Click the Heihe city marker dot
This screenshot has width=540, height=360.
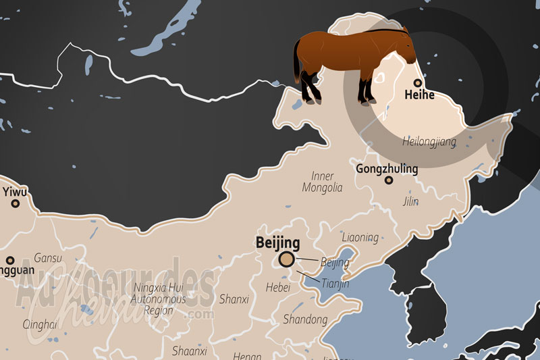point(418,82)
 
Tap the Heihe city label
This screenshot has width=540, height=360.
point(418,96)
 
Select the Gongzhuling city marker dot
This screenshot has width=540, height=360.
point(389,180)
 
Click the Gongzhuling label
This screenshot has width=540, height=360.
point(386,168)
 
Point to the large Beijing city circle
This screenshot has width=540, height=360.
point(287,259)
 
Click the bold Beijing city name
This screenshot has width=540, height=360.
point(278,242)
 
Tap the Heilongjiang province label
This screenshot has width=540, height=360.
point(429,142)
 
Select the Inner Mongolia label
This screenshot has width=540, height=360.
point(322,182)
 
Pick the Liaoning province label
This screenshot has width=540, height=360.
point(360,238)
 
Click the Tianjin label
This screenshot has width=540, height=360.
point(335,284)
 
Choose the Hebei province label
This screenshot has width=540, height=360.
point(277,288)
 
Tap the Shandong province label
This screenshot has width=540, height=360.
point(305,319)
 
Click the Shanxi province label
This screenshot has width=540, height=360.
point(234,299)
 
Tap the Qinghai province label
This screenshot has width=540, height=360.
point(40,324)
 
